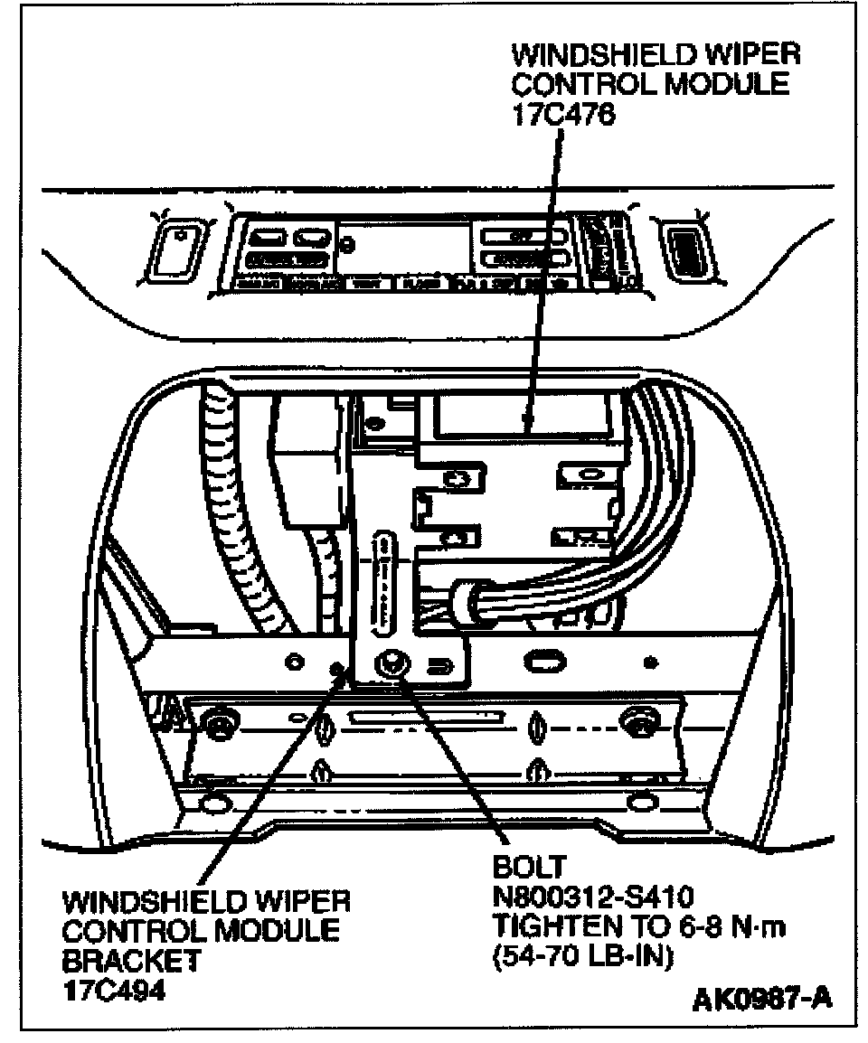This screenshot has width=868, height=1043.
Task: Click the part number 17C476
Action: coord(566,116)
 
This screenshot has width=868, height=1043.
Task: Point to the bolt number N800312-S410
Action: coord(592,897)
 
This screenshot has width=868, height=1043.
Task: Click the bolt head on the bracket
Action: coord(392,664)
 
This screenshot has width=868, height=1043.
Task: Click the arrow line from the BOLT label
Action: coord(452,764)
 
